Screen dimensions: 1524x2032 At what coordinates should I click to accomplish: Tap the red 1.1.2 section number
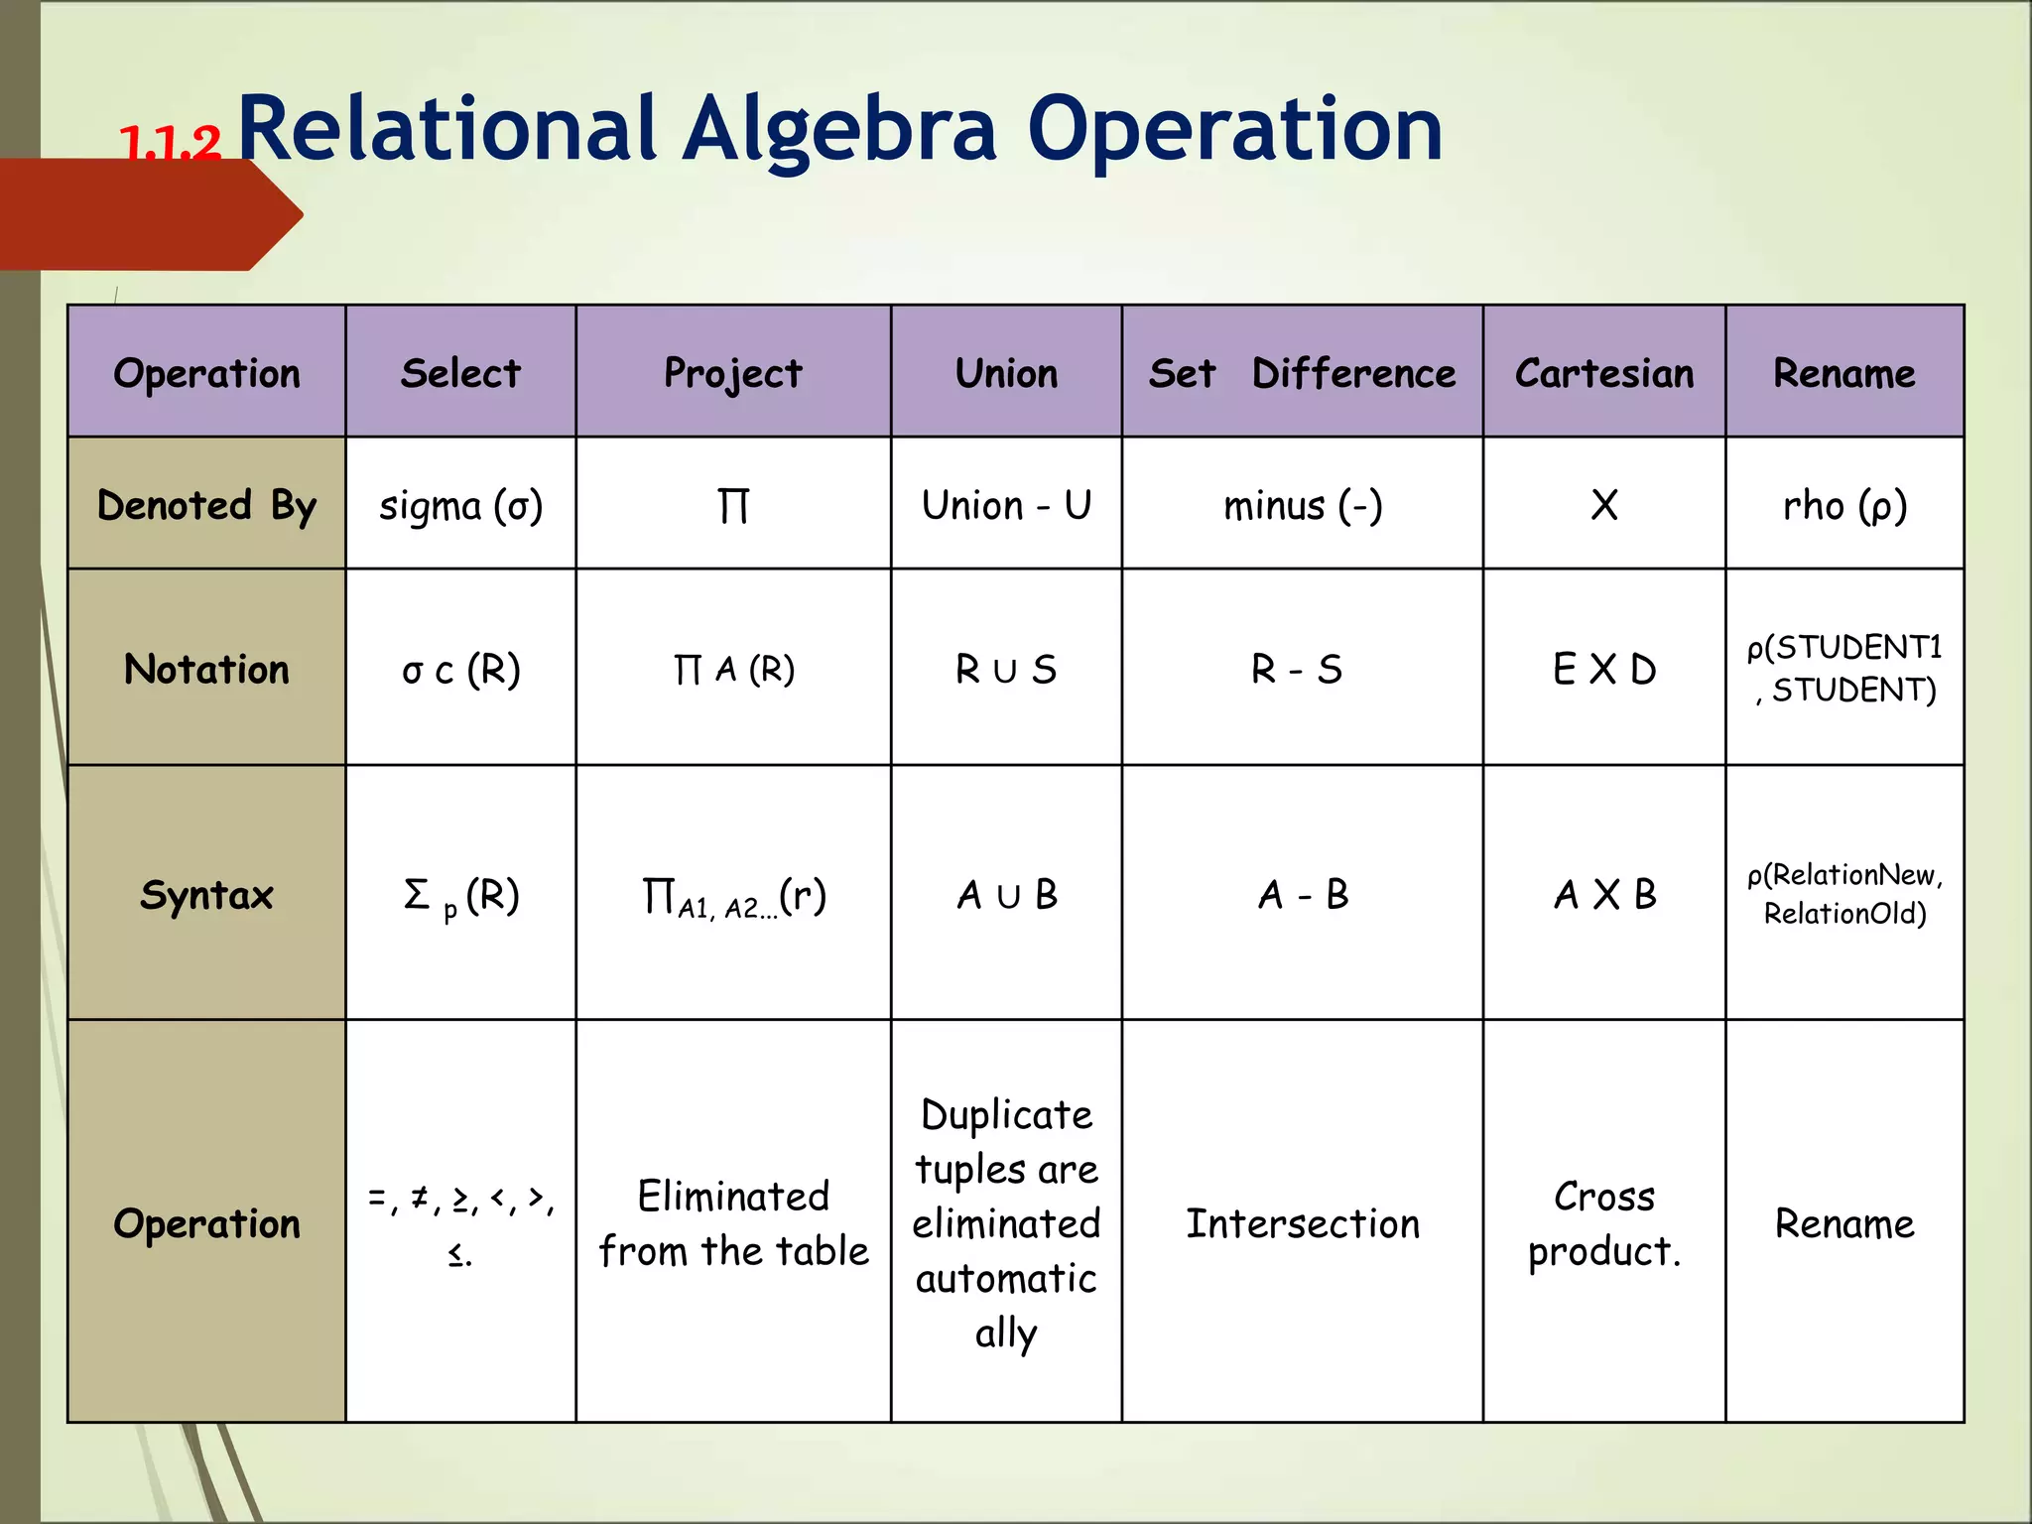(170, 145)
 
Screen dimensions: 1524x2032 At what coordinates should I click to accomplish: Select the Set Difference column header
(1302, 374)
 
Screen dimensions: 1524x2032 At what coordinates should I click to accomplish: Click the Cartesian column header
(1603, 374)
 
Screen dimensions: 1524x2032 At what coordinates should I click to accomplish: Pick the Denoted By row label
(206, 506)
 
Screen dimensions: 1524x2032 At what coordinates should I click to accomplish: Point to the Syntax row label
(206, 895)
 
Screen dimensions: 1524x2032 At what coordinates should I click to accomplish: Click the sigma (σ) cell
(460, 506)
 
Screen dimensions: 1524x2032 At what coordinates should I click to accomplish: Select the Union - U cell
(1006, 506)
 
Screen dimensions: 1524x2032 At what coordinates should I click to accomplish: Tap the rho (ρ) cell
(1844, 506)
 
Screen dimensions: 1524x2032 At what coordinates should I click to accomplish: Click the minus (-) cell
(1302, 506)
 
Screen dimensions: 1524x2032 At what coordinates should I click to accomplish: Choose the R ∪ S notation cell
(1006, 670)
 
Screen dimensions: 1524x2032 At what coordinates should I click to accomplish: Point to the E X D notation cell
(1603, 670)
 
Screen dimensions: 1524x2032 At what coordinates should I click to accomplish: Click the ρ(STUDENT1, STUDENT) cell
(1844, 669)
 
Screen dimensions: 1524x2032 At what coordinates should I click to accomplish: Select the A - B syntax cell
(1302, 895)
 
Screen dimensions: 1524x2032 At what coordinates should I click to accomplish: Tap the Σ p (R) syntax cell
(460, 896)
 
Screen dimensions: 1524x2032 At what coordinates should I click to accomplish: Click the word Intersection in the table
(1302, 1224)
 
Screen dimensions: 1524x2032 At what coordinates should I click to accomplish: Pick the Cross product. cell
(1603, 1224)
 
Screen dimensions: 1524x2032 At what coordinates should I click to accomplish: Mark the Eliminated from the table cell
(733, 1224)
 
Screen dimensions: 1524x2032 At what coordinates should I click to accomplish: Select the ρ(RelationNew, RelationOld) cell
(1844, 894)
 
